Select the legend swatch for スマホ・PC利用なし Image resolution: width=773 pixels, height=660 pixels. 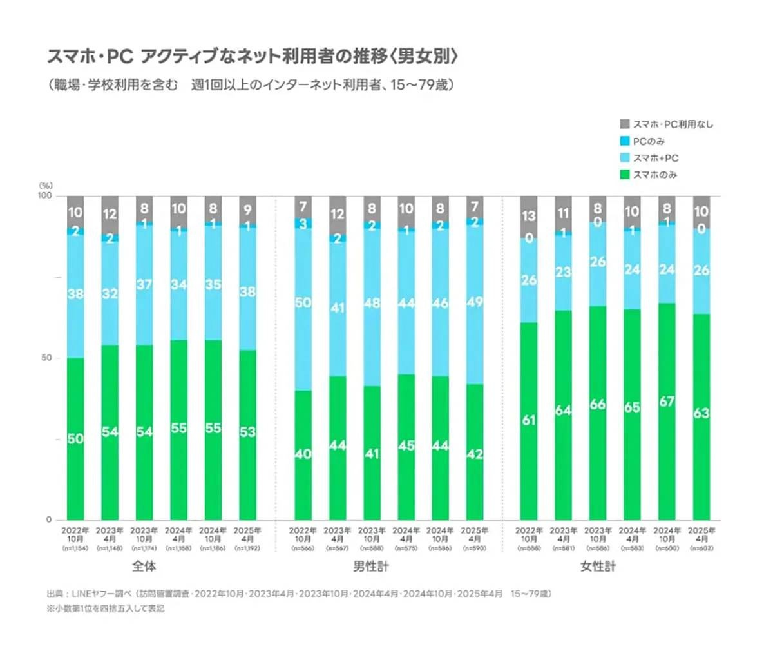click(624, 124)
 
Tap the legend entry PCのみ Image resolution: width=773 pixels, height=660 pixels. click(649, 141)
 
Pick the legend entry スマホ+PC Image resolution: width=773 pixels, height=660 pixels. click(655, 158)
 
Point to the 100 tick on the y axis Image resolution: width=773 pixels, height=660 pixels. click(44, 195)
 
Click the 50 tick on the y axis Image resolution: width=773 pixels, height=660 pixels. click(46, 358)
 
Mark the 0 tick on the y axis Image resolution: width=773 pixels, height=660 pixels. click(48, 519)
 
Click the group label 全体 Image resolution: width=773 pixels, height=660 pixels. click(144, 567)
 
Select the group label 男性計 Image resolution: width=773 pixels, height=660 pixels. click(372, 567)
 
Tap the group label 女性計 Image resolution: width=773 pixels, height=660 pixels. click(598, 567)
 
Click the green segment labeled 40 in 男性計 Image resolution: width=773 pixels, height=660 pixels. click(303, 455)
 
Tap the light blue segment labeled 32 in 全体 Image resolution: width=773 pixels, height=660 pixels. click(110, 294)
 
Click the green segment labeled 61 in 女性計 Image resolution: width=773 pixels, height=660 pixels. click(529, 421)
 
